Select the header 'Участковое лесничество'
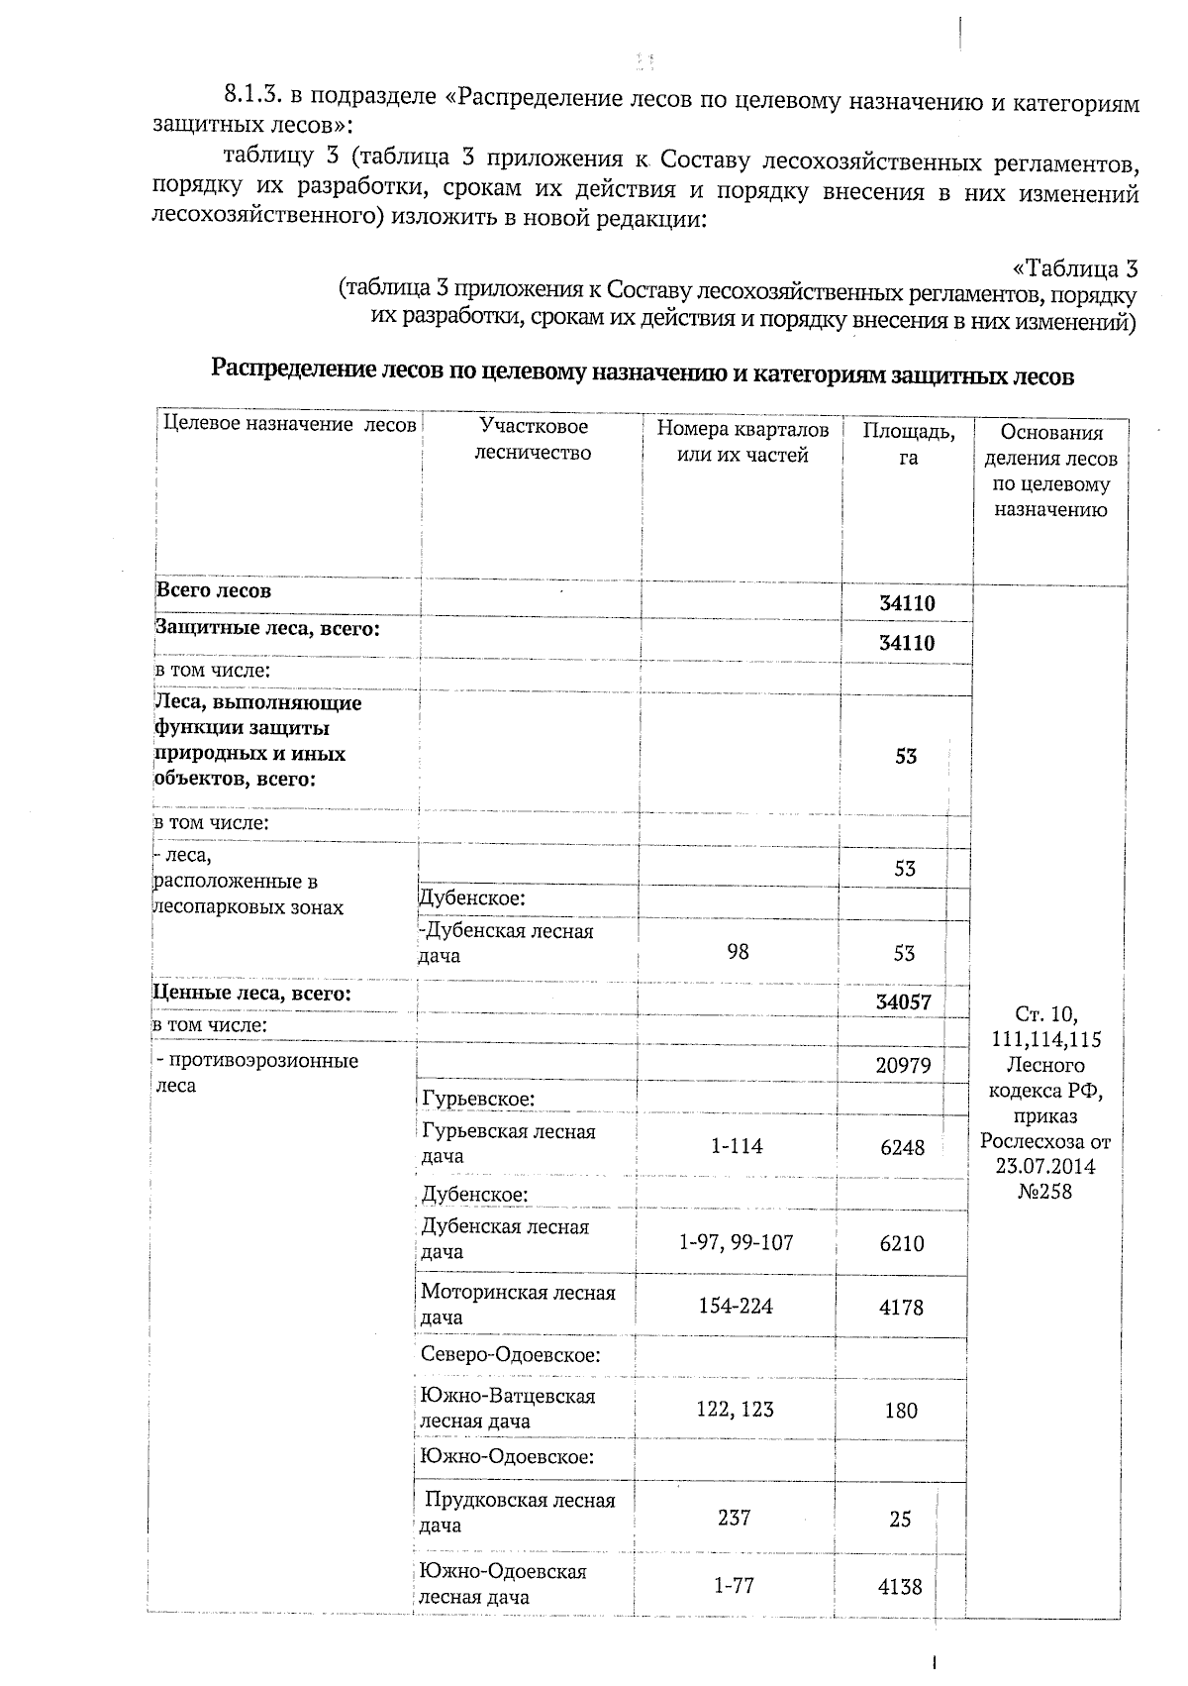pos(533,440)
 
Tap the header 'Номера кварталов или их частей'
pos(742,442)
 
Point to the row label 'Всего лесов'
pos(214,591)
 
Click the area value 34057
pos(903,1002)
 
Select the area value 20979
pos(903,1067)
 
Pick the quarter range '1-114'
pos(737,1146)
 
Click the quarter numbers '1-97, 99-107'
pos(737,1242)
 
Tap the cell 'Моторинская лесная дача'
pos(518,1305)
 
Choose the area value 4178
pos(901,1308)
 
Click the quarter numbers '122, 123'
pos(735,1409)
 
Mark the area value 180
pos(901,1411)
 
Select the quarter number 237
pos(734,1518)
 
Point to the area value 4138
pos(900,1587)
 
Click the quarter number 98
pos(738,952)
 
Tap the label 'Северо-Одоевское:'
pos(510,1355)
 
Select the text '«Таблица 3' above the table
pos(1075,268)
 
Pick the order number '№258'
pos(1044,1192)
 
